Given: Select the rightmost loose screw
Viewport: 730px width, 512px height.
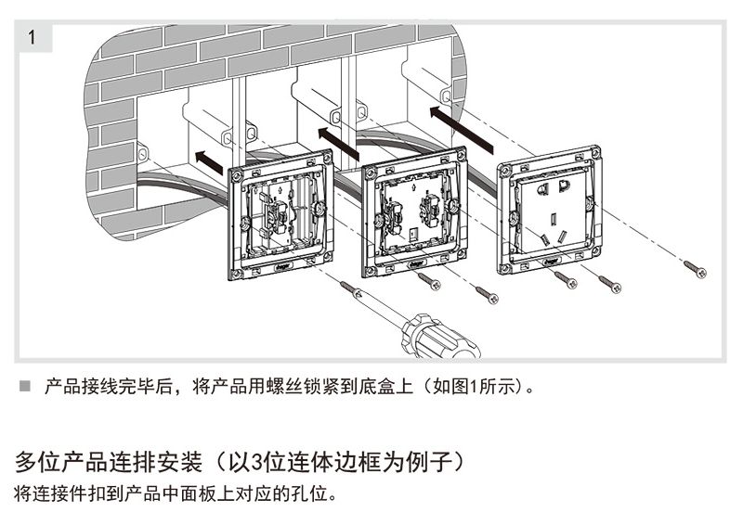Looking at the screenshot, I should [696, 269].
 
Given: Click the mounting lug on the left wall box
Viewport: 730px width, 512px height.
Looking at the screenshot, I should [143, 151].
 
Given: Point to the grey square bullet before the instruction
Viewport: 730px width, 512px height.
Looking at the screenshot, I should [25, 384].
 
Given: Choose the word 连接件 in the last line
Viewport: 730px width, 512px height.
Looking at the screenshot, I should [58, 491].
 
